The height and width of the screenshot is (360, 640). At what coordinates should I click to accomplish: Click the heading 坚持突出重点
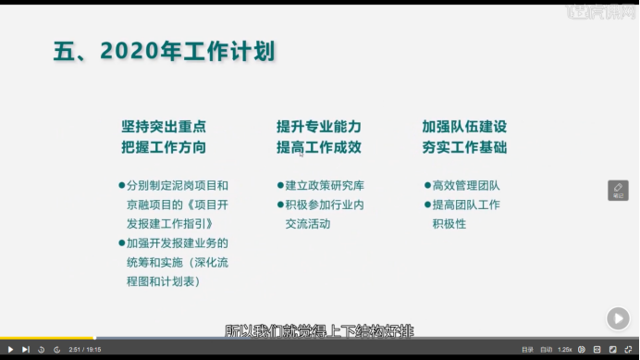coord(163,126)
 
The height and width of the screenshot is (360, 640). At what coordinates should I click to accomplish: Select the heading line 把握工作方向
coord(163,147)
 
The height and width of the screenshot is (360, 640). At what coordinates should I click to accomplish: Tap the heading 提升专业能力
coord(318,126)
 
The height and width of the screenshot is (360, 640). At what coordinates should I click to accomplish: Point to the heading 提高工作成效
coord(318,147)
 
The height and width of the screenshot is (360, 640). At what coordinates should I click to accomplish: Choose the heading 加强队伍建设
coord(464,126)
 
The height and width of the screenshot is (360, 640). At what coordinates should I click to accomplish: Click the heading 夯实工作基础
coord(464,147)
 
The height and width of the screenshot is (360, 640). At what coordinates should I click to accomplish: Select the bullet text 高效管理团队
coord(466,185)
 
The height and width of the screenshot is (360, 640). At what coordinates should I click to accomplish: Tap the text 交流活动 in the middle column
coord(307,224)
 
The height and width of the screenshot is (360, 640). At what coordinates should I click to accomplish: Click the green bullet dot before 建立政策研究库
coord(278,185)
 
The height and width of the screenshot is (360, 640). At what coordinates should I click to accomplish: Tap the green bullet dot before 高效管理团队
coord(426,185)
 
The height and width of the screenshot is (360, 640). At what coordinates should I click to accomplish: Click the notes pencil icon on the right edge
coord(618,190)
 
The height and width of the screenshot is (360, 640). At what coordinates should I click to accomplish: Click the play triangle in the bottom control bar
coord(10,349)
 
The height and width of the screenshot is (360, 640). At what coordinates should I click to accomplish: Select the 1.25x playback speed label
coord(564,349)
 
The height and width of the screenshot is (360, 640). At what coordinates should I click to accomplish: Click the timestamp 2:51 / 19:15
coord(84,349)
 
